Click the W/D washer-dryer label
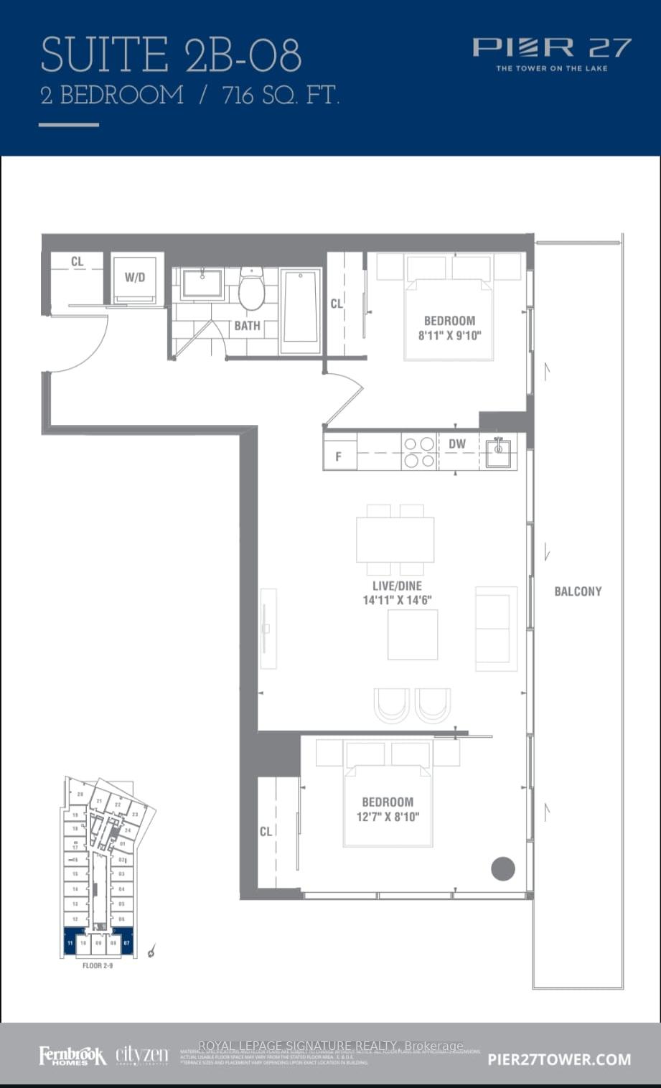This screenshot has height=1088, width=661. tap(135, 277)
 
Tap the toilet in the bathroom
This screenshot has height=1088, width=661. tap(252, 290)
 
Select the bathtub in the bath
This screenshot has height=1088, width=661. tap(301, 310)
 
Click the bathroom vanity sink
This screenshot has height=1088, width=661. tap(202, 283)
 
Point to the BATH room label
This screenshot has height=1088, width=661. tap(247, 326)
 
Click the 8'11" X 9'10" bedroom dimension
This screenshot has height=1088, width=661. tap(449, 335)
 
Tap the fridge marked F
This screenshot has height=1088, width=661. tap(339, 456)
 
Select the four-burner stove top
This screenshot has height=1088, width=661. tap(419, 452)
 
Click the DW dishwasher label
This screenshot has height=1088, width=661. tap(457, 444)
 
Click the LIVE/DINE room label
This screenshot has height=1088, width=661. tap(397, 586)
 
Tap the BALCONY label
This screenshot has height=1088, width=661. tap(578, 591)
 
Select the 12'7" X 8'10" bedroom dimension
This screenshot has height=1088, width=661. tap(388, 816)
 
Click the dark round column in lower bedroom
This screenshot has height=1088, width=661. tap(503, 869)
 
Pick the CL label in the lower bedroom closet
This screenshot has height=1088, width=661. tap(266, 831)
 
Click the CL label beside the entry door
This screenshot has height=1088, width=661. tap(77, 262)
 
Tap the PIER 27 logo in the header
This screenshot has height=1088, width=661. tap(551, 49)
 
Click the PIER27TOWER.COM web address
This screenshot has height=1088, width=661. tap(559, 1059)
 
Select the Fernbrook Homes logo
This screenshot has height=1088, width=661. tap(72, 1056)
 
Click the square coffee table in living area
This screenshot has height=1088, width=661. tap(413, 634)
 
